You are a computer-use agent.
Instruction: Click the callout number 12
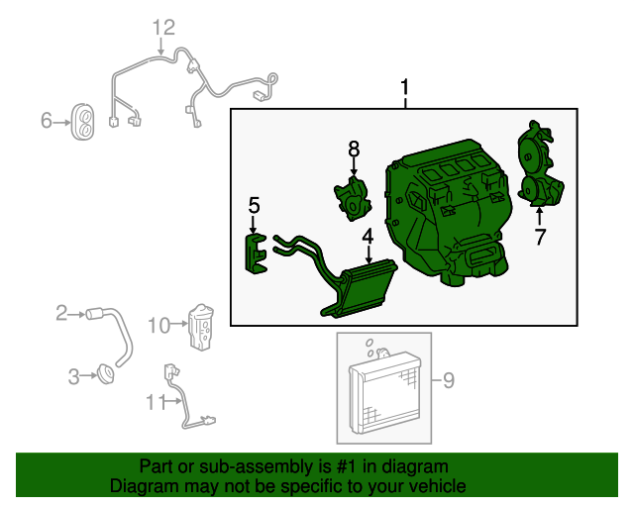click(163, 28)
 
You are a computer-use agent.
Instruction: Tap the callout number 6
click(47, 120)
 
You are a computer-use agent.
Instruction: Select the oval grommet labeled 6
click(83, 122)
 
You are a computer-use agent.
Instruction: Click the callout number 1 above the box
click(405, 88)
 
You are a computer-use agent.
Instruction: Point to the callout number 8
click(354, 149)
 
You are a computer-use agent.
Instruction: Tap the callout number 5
click(254, 205)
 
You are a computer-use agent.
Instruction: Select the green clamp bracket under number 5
click(256, 253)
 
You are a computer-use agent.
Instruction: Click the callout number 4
click(368, 237)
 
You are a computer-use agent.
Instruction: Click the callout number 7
click(540, 237)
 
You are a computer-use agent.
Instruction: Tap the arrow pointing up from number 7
click(539, 215)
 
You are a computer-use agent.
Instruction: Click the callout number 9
click(449, 380)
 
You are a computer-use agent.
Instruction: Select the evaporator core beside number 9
click(385, 391)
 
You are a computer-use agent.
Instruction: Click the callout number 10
click(158, 326)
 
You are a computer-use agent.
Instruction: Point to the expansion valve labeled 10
click(201, 327)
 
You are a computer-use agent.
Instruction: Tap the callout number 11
click(157, 402)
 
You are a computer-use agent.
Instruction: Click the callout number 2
click(61, 313)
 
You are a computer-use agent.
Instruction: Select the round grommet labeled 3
click(106, 374)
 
